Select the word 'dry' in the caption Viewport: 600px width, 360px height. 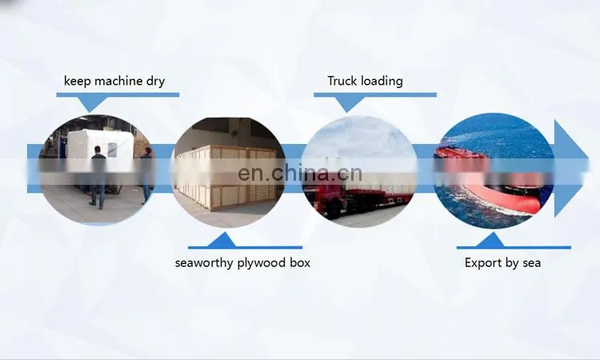point(155,82)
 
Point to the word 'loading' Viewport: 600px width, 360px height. point(382,82)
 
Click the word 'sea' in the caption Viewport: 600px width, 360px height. point(530,263)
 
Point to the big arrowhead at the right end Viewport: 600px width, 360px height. point(571,168)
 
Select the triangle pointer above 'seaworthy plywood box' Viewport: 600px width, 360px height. point(221,240)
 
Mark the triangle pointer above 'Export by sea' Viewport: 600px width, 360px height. point(490,240)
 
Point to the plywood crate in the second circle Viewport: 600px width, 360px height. point(226,178)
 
